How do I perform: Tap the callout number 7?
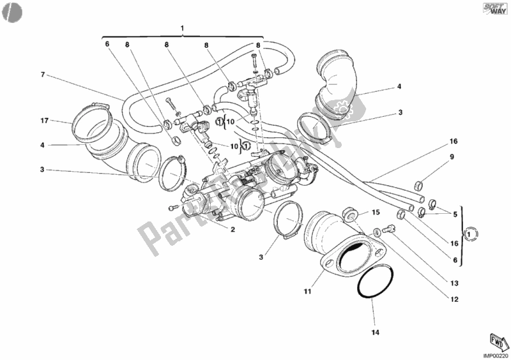(43, 75)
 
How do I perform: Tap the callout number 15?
(376, 213)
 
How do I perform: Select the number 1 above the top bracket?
(182, 27)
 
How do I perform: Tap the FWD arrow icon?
(495, 339)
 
